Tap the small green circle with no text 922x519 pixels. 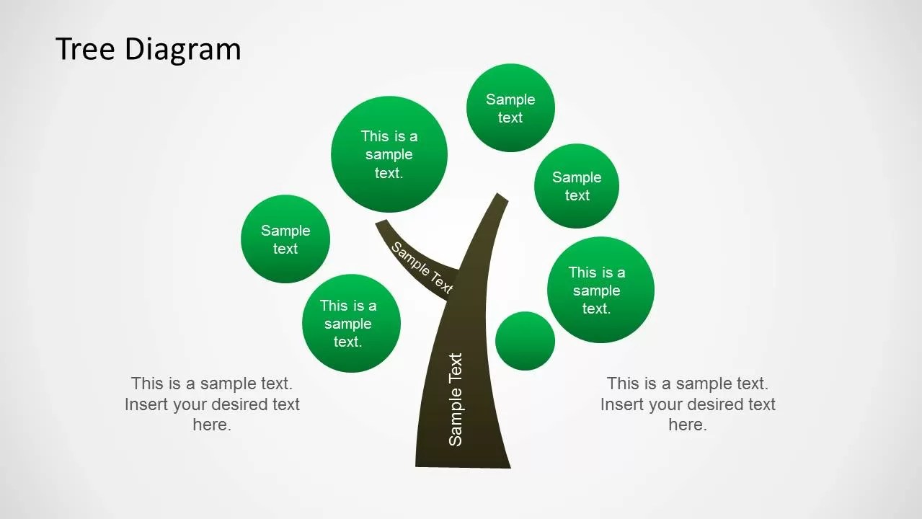tap(526, 341)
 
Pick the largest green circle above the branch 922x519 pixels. tap(389, 154)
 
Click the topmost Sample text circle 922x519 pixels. tap(510, 108)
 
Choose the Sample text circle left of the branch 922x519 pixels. tap(285, 239)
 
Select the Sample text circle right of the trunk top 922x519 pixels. tap(577, 186)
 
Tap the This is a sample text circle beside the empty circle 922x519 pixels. tap(600, 290)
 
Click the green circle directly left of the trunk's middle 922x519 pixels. tap(351, 323)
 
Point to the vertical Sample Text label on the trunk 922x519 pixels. tap(456, 399)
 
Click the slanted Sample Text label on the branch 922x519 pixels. tap(422, 267)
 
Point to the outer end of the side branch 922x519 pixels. tap(382, 225)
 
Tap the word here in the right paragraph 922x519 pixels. tap(687, 425)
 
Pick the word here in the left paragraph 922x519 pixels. tap(211, 425)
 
